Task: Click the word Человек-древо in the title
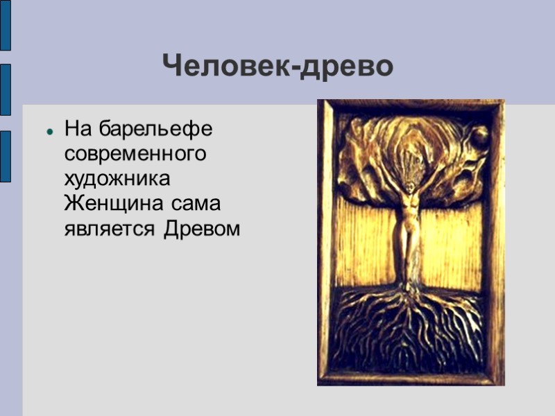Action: click(278, 67)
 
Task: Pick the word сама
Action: click(182, 204)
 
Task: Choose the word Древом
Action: click(202, 229)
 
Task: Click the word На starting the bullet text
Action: click(78, 129)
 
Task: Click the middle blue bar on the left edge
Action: click(5, 89)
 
